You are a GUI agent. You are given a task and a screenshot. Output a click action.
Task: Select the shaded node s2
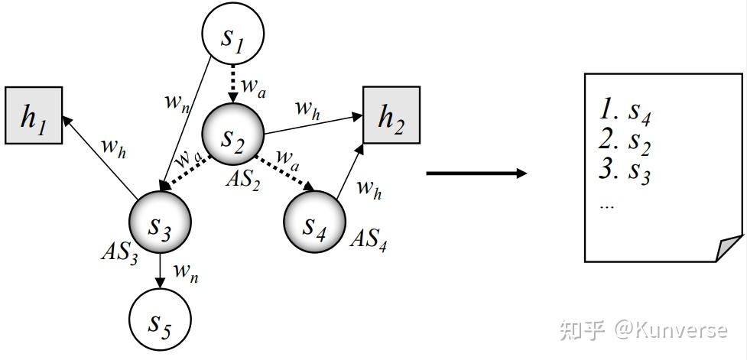click(x=232, y=136)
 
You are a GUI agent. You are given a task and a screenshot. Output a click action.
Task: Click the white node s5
click(x=159, y=321)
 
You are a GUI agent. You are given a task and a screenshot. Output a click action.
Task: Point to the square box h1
click(x=34, y=115)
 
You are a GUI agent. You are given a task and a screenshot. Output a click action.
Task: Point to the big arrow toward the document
click(x=476, y=174)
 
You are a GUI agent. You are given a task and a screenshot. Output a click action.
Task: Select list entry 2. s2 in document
click(x=625, y=141)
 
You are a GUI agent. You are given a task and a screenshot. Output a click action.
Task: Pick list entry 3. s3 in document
click(x=625, y=170)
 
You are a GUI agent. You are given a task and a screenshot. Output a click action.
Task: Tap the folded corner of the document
click(x=730, y=248)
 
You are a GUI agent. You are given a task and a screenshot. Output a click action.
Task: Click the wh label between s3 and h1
click(x=113, y=147)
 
